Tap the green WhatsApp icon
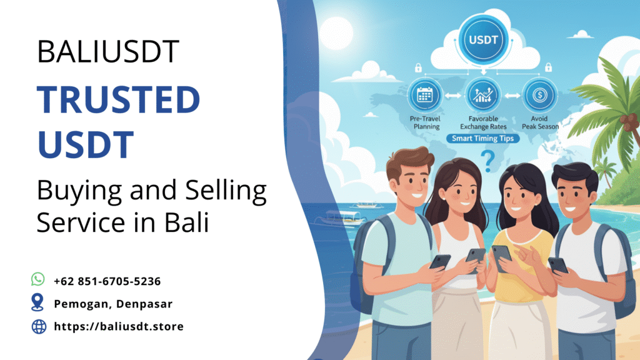(38, 279)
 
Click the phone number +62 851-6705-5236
(107, 281)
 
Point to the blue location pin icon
(38, 303)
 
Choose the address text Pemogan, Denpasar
(113, 304)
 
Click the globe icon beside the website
(39, 326)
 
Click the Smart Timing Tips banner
(481, 138)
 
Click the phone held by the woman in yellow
(501, 254)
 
